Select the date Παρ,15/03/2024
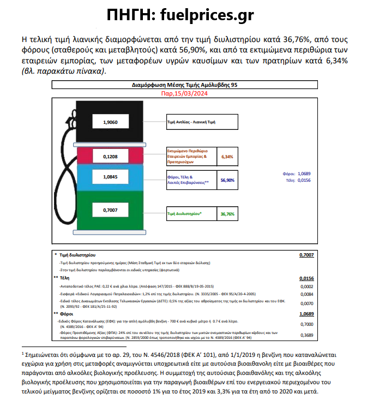(x=184, y=94)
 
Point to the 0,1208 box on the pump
(x=110, y=157)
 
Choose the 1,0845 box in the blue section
(x=110, y=177)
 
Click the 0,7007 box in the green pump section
(x=110, y=210)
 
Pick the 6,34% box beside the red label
(x=227, y=156)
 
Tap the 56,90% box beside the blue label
(x=227, y=179)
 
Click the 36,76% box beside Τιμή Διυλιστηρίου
(x=227, y=214)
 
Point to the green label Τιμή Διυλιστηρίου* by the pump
(x=184, y=214)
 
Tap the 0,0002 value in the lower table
(x=307, y=286)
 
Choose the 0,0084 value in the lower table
(x=307, y=295)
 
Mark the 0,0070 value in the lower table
(x=307, y=303)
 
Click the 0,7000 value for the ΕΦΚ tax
(x=307, y=324)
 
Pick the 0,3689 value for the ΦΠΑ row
(x=307, y=335)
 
